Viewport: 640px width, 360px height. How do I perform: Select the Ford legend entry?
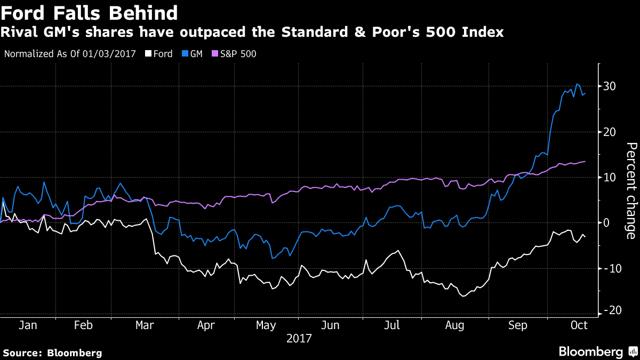pos(158,54)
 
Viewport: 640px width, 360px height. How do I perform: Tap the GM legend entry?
pos(194,54)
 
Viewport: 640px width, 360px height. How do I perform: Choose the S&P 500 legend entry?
pos(235,54)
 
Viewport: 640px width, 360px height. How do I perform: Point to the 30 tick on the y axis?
pos(610,86)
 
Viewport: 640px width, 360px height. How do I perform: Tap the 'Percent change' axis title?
pos(630,190)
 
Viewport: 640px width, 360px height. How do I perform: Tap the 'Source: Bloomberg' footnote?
pos(52,353)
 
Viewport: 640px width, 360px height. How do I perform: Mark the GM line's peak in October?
pos(577,84)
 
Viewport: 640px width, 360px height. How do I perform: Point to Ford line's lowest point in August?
pos(462,295)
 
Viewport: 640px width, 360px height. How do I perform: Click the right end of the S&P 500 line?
pos(585,161)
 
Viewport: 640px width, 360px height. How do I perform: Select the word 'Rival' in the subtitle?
pos(19,33)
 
